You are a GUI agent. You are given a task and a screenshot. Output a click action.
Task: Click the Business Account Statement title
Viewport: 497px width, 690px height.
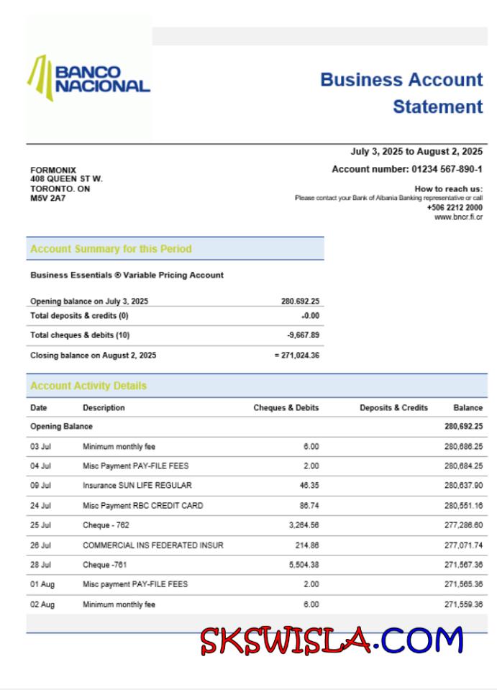[401, 93]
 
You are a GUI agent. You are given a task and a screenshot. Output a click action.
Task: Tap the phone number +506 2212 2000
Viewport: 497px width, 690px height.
[455, 207]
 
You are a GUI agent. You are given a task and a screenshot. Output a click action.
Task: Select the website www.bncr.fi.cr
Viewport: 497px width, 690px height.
[458, 217]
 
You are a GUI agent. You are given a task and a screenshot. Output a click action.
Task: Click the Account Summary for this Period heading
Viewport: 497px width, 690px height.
[111, 249]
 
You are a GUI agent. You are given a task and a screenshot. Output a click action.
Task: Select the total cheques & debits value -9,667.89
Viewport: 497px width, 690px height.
[304, 335]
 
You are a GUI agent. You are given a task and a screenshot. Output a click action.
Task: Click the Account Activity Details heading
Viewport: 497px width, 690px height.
[88, 386]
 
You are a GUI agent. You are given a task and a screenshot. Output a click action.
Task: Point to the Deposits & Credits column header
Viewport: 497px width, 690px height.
[393, 407]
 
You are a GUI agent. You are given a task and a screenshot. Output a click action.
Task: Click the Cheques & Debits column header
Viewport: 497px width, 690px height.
[286, 407]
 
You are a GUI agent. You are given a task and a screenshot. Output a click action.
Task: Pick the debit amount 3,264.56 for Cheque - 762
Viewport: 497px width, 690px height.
[304, 525]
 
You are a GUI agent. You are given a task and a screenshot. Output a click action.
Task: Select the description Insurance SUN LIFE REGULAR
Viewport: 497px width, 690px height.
[137, 485]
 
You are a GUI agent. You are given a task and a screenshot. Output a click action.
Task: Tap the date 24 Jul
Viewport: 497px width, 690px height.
[40, 506]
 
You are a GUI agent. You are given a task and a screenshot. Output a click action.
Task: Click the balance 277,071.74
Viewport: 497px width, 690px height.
[463, 545]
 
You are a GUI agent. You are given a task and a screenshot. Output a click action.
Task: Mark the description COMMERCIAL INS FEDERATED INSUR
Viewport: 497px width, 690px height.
[152, 545]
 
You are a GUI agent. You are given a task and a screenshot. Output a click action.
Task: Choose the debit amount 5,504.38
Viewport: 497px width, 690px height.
[304, 565]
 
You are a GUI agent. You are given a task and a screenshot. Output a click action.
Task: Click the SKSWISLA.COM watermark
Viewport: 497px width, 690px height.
[332, 640]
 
